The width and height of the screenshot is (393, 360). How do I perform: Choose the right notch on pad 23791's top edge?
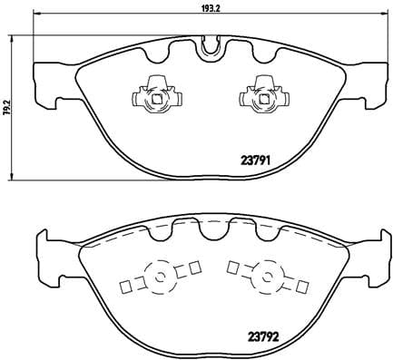pyautogui.click(x=264, y=54)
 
